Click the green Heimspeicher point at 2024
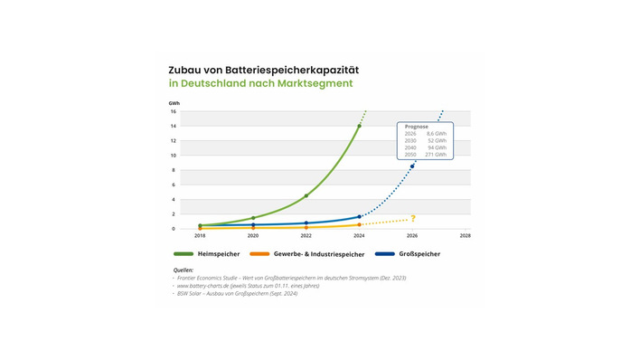coord(359,126)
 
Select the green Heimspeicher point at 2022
coord(306,195)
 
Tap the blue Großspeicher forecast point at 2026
coord(412,166)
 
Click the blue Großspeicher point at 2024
coord(359,216)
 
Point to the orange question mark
coord(413,219)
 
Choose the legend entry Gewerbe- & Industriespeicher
coord(318,254)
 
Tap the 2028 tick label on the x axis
coord(465,235)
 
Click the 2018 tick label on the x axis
coord(200,235)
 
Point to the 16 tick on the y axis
coord(174,111)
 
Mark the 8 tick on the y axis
coord(174,170)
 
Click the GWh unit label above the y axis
coord(174,103)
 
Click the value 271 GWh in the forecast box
coord(436,155)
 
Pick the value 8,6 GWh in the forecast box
coord(436,134)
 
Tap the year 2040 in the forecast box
coord(410,147)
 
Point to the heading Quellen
coord(184,270)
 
